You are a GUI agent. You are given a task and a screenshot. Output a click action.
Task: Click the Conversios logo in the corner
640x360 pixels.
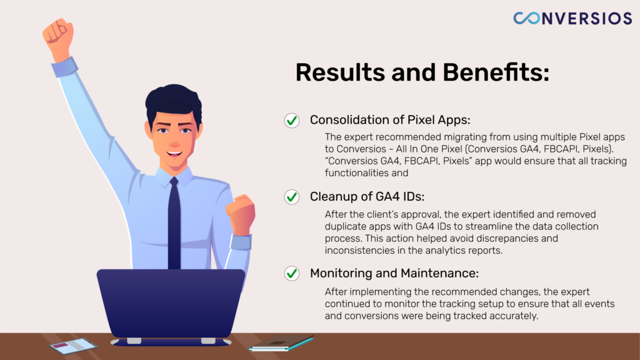pyautogui.click(x=572, y=18)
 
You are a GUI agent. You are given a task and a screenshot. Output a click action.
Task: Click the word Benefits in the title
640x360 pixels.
pyautogui.click(x=496, y=72)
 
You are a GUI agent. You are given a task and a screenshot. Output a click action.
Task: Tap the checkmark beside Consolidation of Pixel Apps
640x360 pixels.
pyautogui.click(x=292, y=121)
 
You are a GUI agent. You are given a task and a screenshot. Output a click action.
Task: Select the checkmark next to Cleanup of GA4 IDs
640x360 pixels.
pyautogui.click(x=292, y=197)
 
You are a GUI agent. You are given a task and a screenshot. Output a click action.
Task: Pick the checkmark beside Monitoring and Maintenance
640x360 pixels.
pyautogui.click(x=292, y=273)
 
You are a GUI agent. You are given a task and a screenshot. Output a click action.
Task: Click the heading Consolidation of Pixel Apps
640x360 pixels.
pyautogui.click(x=390, y=120)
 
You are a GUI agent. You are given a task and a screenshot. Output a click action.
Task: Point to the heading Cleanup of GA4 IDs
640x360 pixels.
pyautogui.click(x=367, y=197)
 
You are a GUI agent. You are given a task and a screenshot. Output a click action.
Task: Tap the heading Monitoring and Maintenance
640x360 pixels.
pyautogui.click(x=394, y=273)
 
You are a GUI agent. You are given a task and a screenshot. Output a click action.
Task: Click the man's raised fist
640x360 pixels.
pyautogui.click(x=58, y=37)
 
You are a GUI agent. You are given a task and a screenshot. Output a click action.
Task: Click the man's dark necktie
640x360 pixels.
pyautogui.click(x=174, y=224)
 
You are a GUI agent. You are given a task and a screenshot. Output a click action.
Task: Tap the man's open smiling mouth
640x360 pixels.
pyautogui.click(x=174, y=154)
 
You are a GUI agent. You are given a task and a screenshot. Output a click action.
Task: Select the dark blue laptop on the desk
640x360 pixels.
pyautogui.click(x=171, y=307)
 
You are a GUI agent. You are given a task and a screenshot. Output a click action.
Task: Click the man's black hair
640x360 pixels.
pyautogui.click(x=174, y=102)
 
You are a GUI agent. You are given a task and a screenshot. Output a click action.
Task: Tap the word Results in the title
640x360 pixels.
pyautogui.click(x=340, y=72)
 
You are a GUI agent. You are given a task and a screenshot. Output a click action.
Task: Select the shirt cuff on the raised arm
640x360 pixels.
pyautogui.click(x=65, y=67)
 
